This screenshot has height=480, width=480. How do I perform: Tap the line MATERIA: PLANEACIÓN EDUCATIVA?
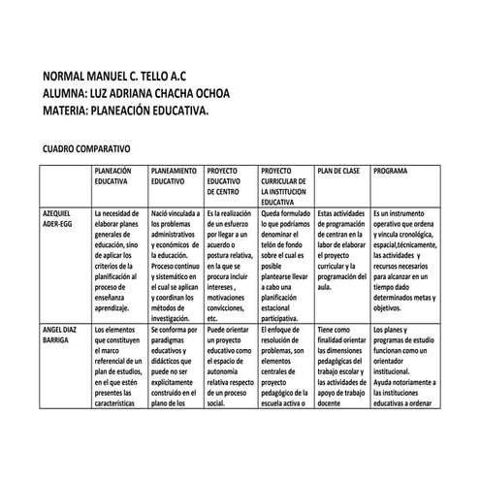click(x=126, y=112)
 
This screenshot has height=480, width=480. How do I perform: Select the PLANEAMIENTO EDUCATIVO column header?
click(x=175, y=176)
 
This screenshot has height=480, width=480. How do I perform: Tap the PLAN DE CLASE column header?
click(x=338, y=171)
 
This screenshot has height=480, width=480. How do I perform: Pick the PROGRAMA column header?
click(x=390, y=171)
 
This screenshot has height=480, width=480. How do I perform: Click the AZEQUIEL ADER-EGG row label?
click(x=58, y=216)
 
